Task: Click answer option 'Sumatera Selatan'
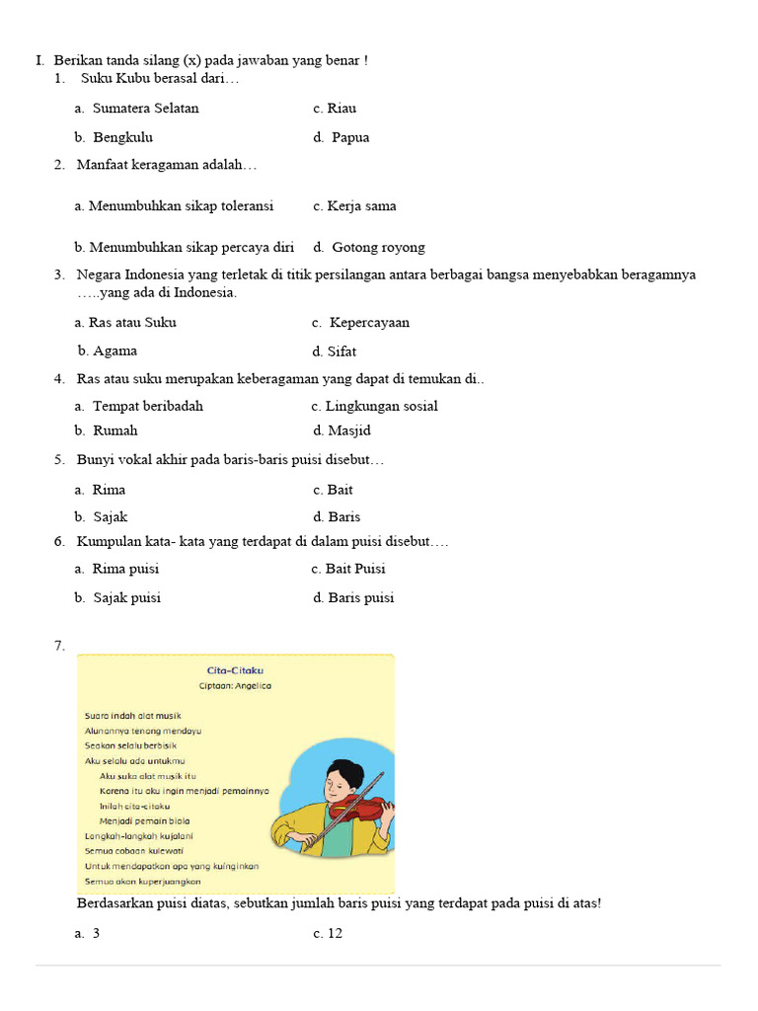(145, 109)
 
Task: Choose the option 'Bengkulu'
(122, 138)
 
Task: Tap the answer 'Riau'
(341, 109)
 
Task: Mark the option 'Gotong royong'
(378, 248)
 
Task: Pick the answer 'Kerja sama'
(361, 206)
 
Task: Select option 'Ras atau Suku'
(132, 323)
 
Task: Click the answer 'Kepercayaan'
(369, 323)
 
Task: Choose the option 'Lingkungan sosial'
(382, 407)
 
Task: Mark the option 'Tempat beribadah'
(147, 407)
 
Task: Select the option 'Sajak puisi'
(126, 598)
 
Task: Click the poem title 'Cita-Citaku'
(235, 670)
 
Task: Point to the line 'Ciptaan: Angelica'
(235, 686)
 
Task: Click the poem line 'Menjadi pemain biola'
(145, 821)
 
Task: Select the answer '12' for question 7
(335, 934)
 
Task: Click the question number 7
(59, 647)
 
